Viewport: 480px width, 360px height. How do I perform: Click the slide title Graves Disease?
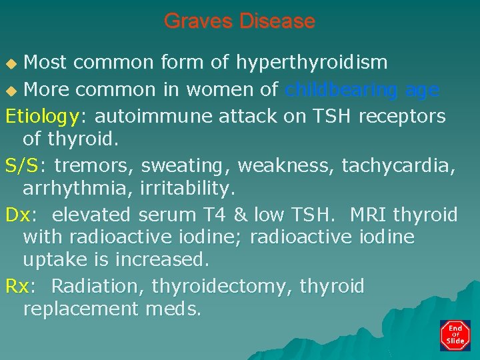(239, 21)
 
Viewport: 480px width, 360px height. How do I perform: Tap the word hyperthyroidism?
(311, 63)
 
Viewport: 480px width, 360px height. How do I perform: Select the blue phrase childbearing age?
(362, 89)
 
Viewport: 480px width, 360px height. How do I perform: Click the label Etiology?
(42, 117)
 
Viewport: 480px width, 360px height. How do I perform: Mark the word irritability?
(187, 189)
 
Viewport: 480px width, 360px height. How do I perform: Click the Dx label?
(17, 215)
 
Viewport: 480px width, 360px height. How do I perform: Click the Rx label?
(17, 287)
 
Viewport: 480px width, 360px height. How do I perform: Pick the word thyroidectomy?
(223, 287)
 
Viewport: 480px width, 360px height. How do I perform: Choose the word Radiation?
(97, 287)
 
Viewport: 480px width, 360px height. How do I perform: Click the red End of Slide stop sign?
(455, 335)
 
